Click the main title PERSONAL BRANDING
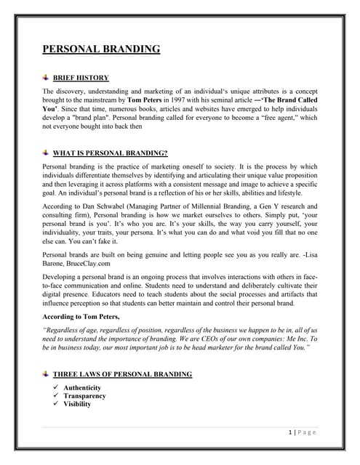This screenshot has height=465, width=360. pyautogui.click(x=101, y=49)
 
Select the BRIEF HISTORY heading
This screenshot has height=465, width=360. pyautogui.click(x=86, y=78)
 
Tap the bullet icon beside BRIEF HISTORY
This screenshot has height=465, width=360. pyautogui.click(x=48, y=77)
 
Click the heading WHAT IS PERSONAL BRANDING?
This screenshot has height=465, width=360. pyautogui.click(x=115, y=153)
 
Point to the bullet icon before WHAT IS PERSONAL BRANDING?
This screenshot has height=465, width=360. pyautogui.click(x=48, y=153)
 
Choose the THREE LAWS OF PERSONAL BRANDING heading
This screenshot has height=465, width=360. pyautogui.click(x=127, y=374)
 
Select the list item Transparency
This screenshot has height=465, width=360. pyautogui.click(x=84, y=396)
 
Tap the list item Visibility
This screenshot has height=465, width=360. pyautogui.click(x=77, y=404)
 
